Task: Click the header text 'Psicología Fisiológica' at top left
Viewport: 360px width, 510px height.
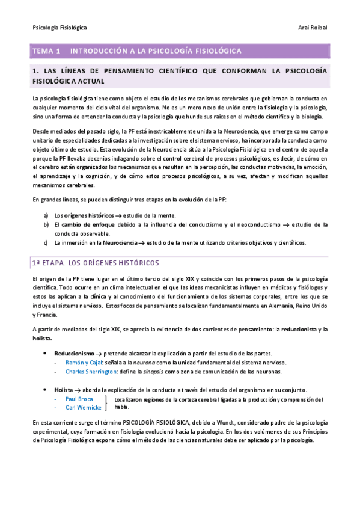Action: tap(59, 28)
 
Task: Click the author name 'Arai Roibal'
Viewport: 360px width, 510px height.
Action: tap(313, 28)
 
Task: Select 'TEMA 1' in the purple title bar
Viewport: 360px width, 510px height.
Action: tap(47, 51)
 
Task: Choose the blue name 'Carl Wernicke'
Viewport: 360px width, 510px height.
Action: tap(83, 408)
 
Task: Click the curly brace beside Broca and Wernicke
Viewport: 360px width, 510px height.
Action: tap(106, 403)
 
